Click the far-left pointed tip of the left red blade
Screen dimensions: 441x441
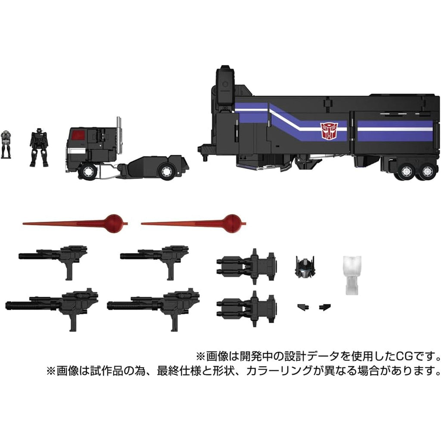[23, 224]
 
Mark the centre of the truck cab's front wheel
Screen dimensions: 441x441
[87, 171]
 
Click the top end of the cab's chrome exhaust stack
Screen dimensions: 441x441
[119, 118]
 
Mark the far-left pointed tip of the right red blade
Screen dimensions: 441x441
[141, 224]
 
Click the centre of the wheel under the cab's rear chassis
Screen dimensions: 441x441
[167, 171]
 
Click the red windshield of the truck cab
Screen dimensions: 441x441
[78, 135]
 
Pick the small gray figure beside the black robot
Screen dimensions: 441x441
[6, 144]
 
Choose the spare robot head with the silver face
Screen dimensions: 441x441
[305, 266]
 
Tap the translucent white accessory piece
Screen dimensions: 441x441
[352, 275]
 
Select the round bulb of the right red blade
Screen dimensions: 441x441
[232, 224]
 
